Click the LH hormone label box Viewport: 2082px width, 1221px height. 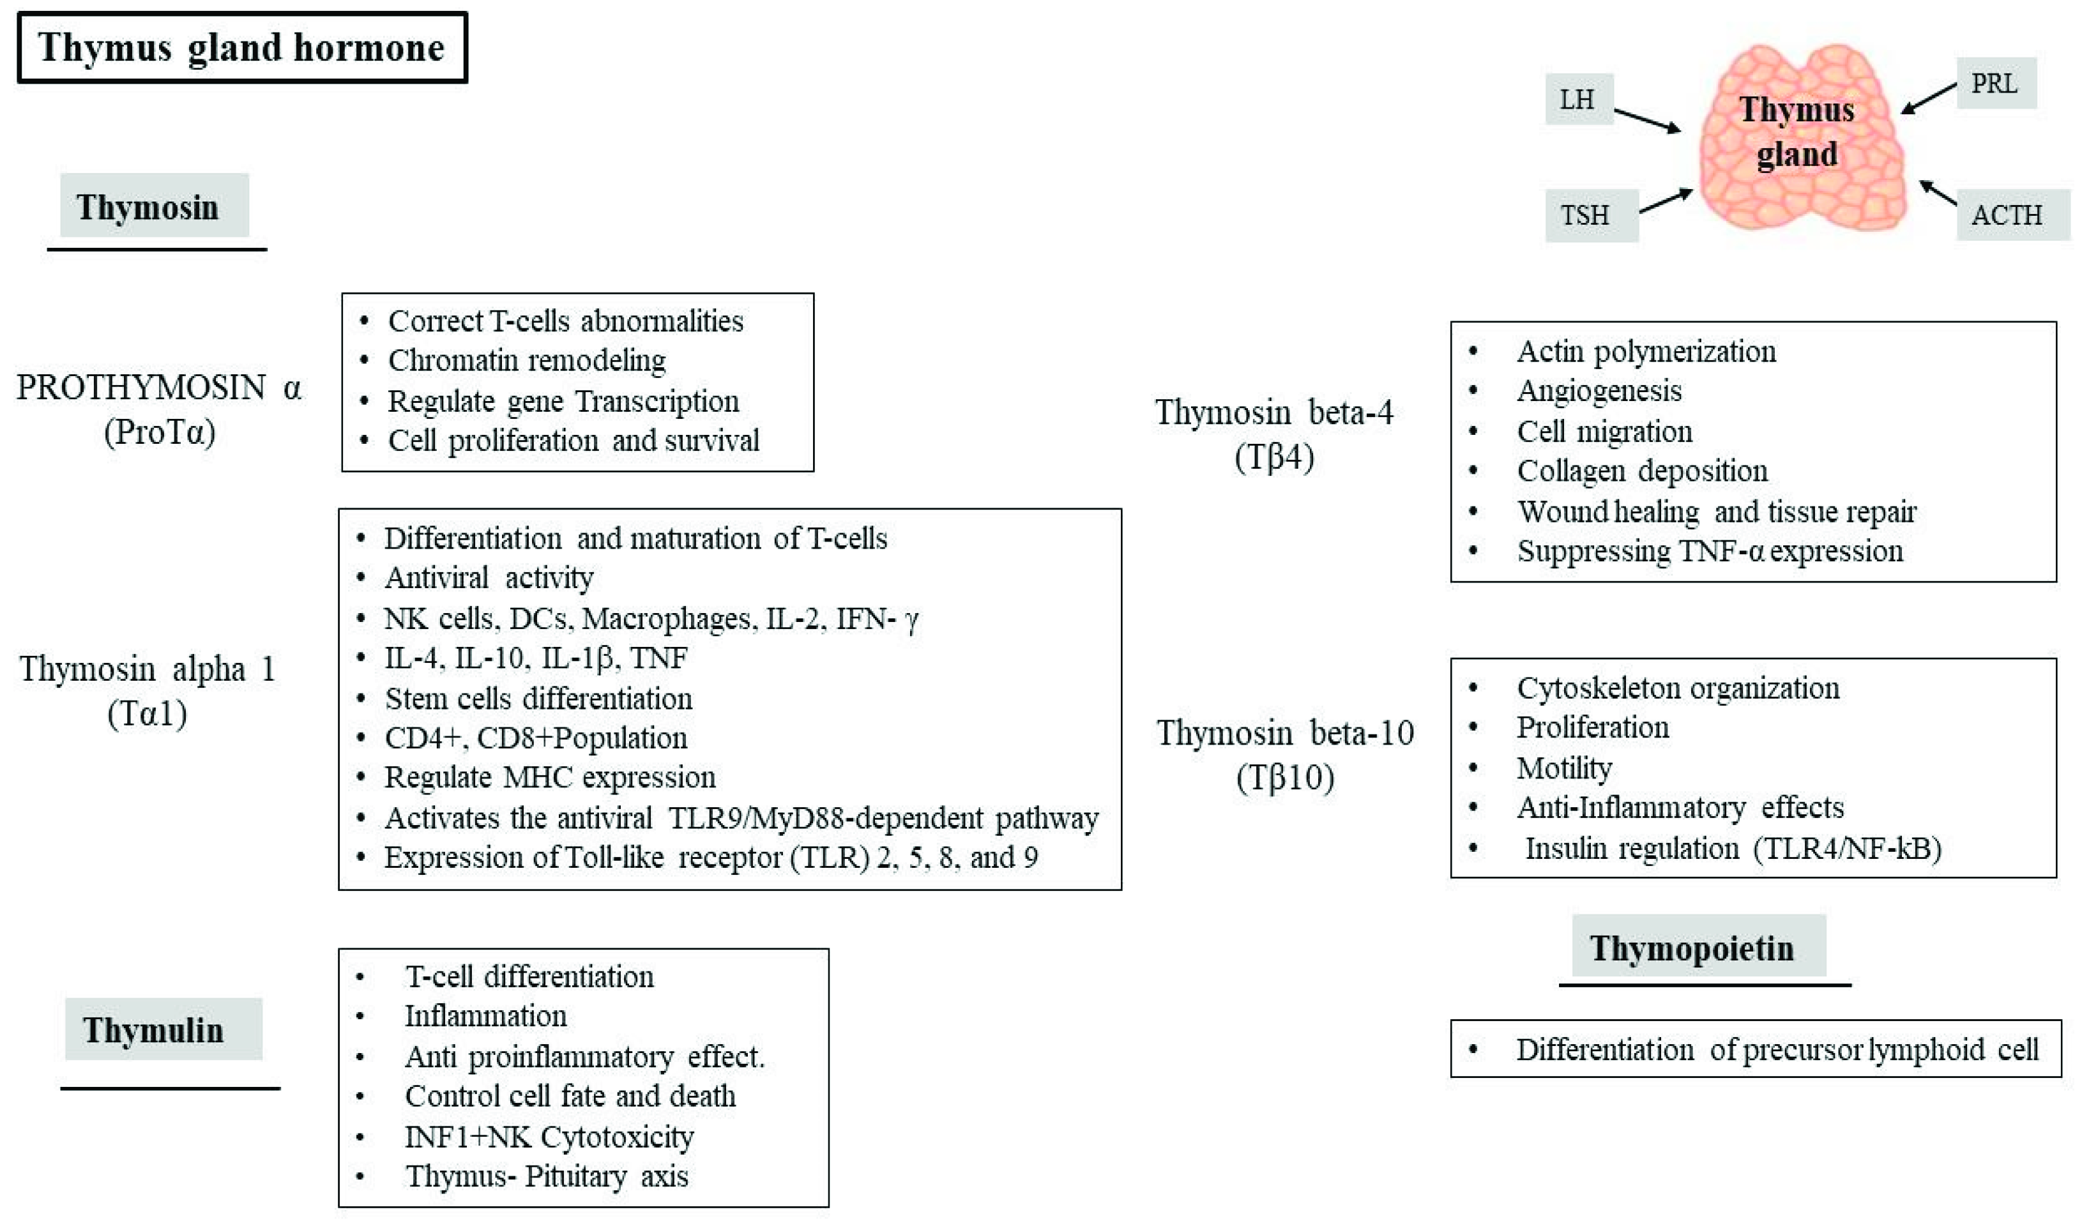click(x=1578, y=99)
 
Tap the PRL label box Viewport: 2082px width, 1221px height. click(x=1995, y=84)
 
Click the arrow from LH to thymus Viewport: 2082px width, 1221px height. click(x=1646, y=121)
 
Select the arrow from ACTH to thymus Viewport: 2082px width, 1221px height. click(x=1938, y=192)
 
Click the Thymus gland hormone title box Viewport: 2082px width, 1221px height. click(x=242, y=47)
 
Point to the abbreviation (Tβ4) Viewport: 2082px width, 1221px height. click(x=1274, y=457)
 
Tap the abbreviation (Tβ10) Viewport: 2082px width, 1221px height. click(x=1285, y=777)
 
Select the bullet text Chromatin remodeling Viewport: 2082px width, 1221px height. click(x=527, y=360)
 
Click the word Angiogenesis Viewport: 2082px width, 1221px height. click(x=1599, y=391)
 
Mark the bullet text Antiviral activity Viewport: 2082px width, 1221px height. click(x=489, y=577)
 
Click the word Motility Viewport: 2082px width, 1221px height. click(x=1564, y=768)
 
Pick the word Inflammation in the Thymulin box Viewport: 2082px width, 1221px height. click(x=486, y=1016)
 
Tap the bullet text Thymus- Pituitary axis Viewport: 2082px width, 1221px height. click(x=546, y=1176)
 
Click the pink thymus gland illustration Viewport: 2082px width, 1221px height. click(x=1801, y=190)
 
